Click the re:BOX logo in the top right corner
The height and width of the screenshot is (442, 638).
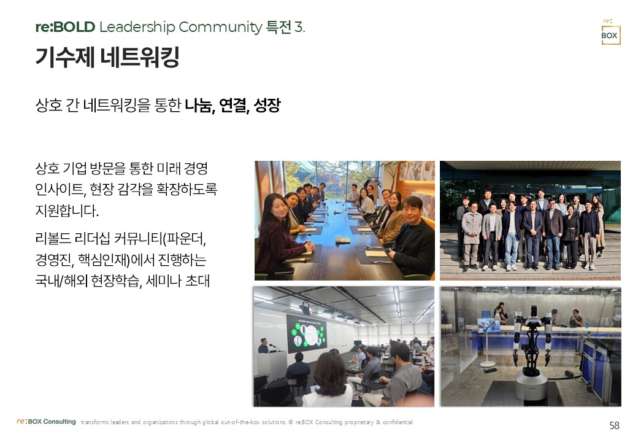point(610,32)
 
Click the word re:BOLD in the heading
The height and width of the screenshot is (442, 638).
point(65,27)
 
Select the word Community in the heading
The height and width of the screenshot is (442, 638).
point(220,27)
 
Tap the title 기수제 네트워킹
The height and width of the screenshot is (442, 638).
point(107,56)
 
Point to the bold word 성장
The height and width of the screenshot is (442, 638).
point(267,105)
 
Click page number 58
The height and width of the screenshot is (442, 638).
point(614,425)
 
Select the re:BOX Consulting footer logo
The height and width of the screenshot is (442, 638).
point(46,422)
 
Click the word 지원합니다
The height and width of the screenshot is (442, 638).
point(67,211)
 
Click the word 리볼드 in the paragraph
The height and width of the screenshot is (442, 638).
point(53,239)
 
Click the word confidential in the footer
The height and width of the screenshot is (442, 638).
point(398,422)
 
